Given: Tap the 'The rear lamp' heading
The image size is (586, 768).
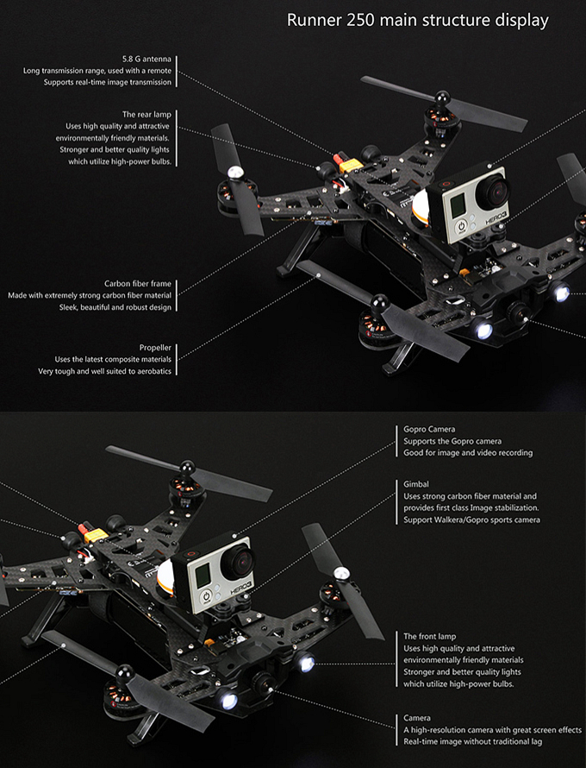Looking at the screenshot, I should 146,114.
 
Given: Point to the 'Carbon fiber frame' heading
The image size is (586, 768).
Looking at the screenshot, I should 138,283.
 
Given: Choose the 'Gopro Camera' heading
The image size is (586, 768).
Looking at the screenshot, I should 429,429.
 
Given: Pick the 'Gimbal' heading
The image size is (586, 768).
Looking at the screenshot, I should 416,484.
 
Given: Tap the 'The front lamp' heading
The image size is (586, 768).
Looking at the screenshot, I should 429,636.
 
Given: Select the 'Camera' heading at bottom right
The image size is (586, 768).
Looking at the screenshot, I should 418,718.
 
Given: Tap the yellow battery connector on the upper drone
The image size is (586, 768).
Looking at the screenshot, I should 342,162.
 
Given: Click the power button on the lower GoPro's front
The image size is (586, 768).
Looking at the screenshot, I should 207,597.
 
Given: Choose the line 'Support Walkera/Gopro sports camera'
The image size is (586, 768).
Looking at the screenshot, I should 471,520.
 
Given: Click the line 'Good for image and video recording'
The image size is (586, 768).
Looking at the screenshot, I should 468,452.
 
